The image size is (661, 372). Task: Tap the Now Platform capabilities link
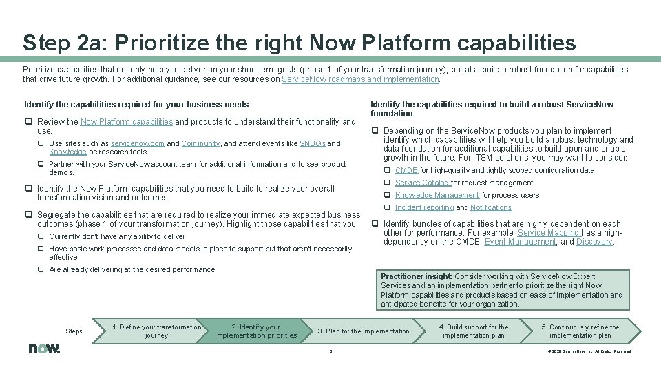127,122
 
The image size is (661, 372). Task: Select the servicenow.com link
136,143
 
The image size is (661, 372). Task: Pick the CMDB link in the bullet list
406,170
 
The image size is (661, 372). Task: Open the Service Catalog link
422,183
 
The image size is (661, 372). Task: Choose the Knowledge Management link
437,195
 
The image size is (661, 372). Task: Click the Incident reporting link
424,207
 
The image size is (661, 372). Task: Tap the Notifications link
491,207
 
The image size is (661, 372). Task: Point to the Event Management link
521,242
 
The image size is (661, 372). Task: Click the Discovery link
594,242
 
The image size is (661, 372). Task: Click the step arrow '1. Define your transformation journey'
156,331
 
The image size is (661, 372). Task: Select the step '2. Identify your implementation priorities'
255,331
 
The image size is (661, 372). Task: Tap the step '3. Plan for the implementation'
363,331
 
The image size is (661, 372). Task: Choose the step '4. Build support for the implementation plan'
474,331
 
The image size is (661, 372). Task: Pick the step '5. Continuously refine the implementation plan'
584,331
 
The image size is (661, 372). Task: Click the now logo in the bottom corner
44,349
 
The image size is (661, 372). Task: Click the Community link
200,143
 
